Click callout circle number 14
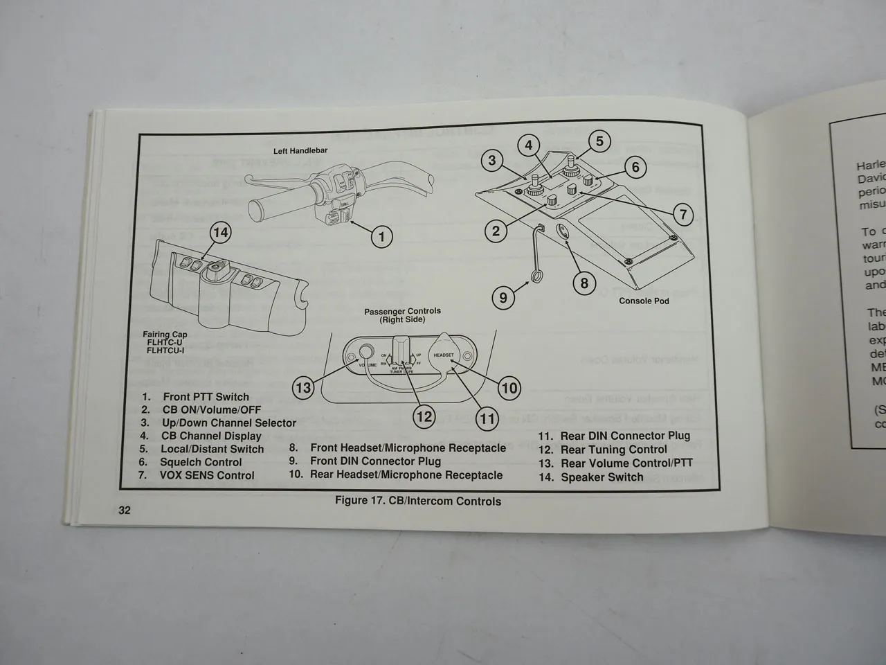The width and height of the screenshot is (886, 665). click(x=220, y=232)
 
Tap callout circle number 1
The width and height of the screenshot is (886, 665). click(x=381, y=237)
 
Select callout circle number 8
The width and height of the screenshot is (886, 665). click(x=584, y=283)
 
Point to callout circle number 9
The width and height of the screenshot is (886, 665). click(x=503, y=299)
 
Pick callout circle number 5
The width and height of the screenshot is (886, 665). click(x=599, y=141)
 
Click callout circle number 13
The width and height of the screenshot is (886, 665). click(x=303, y=388)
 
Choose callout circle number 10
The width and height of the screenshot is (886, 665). click(x=509, y=388)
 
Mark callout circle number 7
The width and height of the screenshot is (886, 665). click(x=683, y=214)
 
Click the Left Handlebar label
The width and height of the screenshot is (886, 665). click(x=300, y=150)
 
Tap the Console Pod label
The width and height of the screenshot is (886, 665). click(x=644, y=301)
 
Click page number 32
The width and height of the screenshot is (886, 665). click(x=124, y=511)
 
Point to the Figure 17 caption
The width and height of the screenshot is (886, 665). click(x=417, y=501)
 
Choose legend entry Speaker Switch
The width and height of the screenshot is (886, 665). click(x=602, y=477)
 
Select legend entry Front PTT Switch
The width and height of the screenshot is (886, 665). click(x=206, y=397)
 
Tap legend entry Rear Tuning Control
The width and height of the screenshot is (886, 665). click(x=613, y=449)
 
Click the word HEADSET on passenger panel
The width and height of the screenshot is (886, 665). click(x=443, y=355)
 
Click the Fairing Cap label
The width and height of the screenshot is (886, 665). click(x=165, y=335)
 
